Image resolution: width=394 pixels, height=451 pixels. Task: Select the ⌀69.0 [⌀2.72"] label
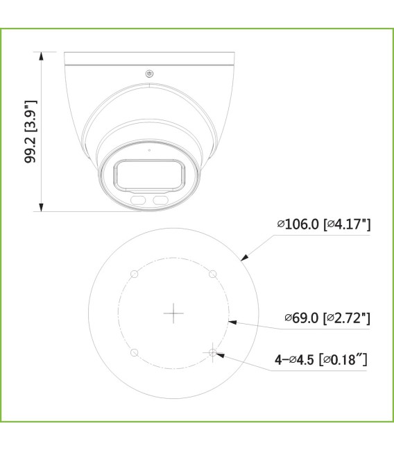326,318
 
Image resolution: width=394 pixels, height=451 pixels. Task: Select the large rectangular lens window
150,174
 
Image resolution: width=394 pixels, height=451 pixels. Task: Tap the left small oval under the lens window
139,200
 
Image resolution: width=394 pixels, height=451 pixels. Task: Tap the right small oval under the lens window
160,200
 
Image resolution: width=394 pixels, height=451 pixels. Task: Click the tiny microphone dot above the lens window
149,149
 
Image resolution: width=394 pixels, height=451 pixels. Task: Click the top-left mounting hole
135,274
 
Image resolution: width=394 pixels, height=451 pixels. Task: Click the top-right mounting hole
213,274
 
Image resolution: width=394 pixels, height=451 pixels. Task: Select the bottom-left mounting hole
135,353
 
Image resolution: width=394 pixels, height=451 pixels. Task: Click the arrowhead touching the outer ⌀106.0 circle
243,259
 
